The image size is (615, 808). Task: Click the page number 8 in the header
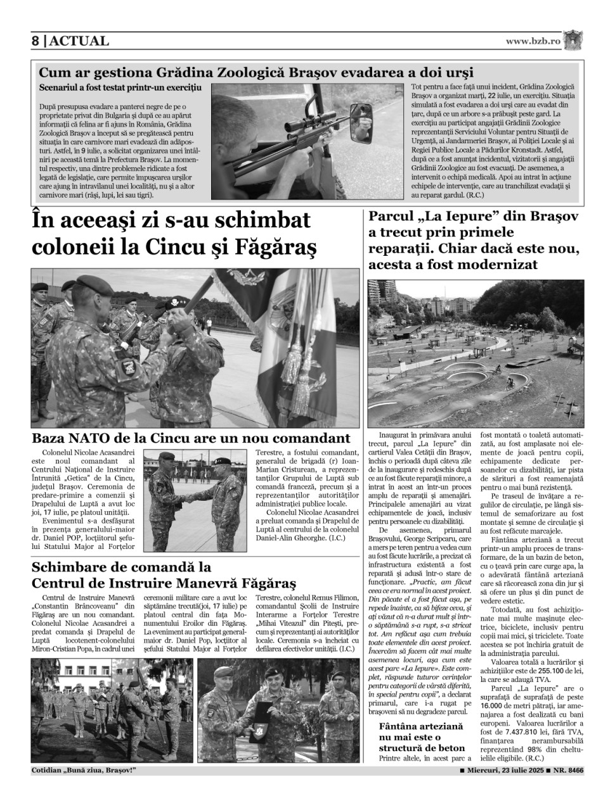[x=36, y=41]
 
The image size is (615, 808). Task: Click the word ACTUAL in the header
[x=79, y=41]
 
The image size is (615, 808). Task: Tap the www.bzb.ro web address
[x=533, y=41]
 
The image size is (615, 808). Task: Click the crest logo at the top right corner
[x=573, y=40]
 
